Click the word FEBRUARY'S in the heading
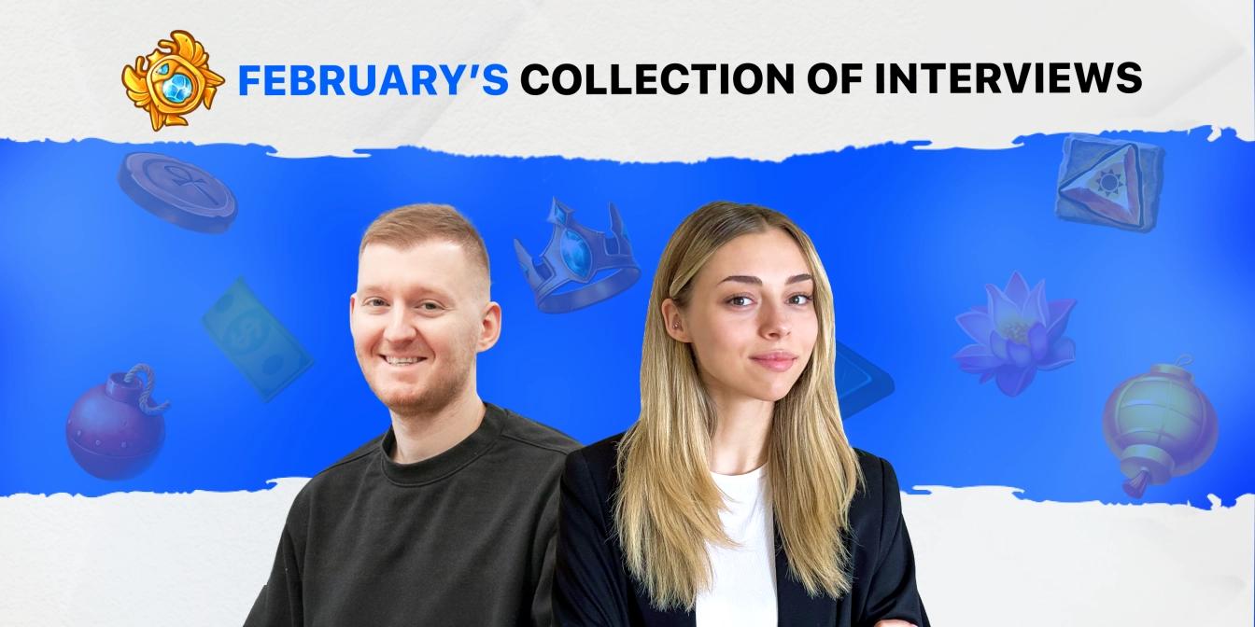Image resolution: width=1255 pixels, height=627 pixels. click(x=373, y=79)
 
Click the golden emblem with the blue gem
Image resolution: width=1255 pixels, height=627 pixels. click(x=173, y=79)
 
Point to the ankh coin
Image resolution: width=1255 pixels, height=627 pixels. click(x=177, y=190)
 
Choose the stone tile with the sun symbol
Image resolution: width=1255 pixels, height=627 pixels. click(x=1109, y=181)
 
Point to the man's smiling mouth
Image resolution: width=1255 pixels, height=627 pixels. click(x=405, y=360)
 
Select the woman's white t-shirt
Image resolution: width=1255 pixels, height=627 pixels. click(x=739, y=550)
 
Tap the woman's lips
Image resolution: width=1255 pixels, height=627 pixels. click(x=772, y=359)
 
